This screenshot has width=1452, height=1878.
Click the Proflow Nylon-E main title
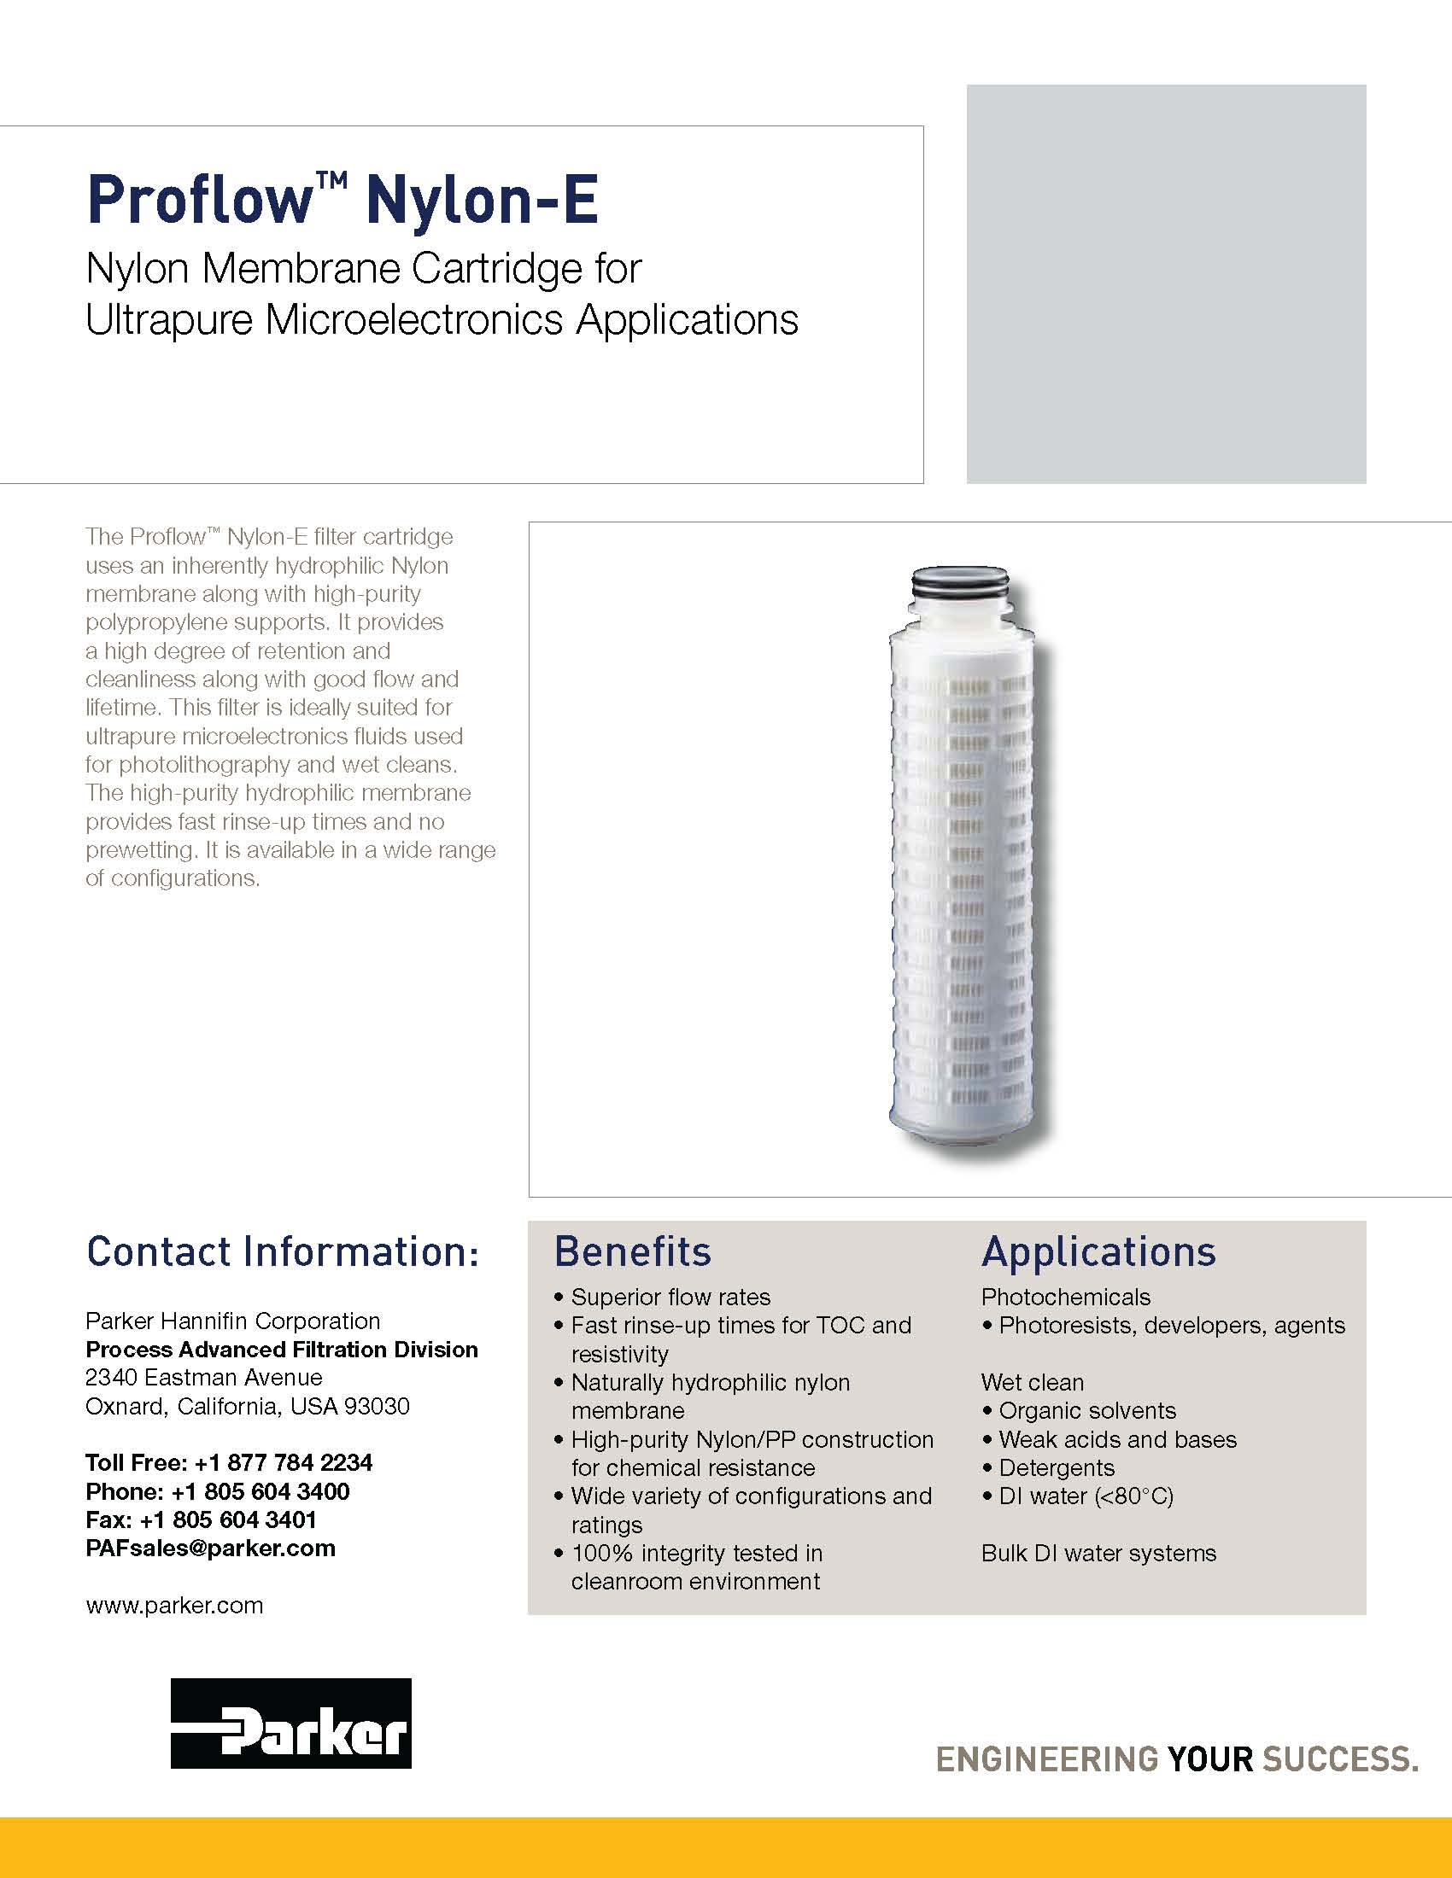(x=343, y=201)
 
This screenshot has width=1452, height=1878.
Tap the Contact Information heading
(x=282, y=1252)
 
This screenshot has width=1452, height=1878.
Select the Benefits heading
(x=632, y=1252)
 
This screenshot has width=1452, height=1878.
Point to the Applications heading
(x=1098, y=1252)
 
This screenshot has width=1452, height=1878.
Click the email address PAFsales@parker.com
(x=211, y=1548)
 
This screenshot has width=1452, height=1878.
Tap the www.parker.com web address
(x=174, y=1606)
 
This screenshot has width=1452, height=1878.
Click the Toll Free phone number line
(x=229, y=1461)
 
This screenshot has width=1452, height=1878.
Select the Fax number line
(x=202, y=1519)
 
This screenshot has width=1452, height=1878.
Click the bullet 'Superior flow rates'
(x=670, y=1297)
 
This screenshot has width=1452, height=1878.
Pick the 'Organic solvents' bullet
(x=1087, y=1410)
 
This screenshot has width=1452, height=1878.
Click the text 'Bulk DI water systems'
(x=1098, y=1553)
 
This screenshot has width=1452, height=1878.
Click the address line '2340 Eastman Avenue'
(x=204, y=1377)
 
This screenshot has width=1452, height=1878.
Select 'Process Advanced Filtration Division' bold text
(x=281, y=1349)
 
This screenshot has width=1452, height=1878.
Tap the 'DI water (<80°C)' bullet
(x=1086, y=1496)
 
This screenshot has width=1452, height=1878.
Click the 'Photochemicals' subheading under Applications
(x=1066, y=1297)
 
